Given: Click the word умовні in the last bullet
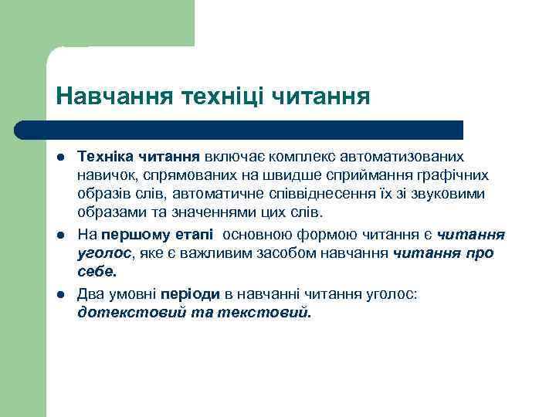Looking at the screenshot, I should click(x=130, y=294).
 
